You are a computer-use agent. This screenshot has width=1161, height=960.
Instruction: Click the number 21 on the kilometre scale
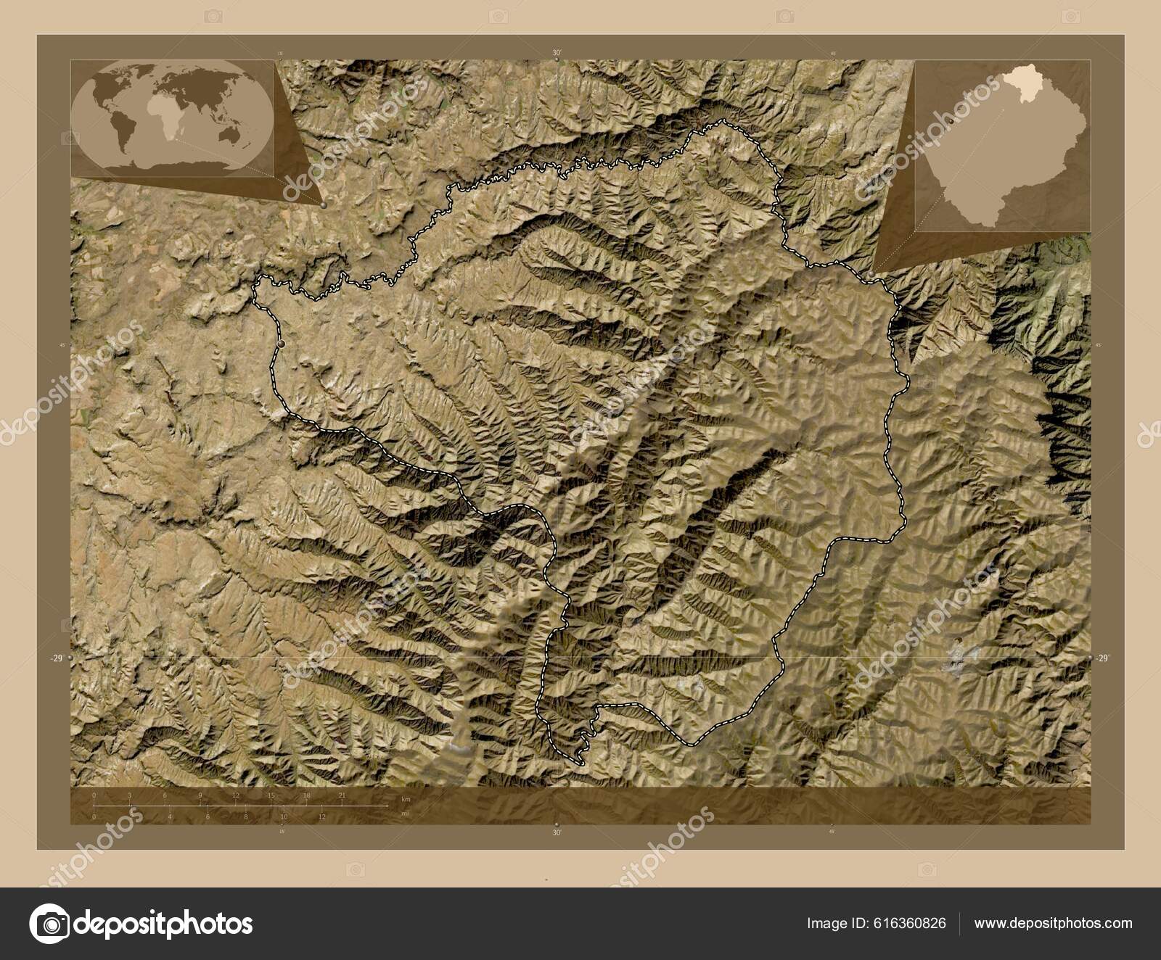[341, 795]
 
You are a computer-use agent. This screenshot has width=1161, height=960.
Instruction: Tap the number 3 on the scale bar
[129, 795]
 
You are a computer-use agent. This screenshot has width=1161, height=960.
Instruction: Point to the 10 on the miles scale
[284, 816]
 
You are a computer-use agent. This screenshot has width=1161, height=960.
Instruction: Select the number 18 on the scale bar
[306, 795]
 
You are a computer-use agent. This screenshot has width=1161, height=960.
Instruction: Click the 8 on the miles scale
[246, 816]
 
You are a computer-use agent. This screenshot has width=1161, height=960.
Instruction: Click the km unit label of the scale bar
[406, 798]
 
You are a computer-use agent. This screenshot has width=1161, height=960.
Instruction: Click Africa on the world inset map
[163, 120]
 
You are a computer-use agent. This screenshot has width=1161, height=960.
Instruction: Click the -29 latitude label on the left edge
[54, 658]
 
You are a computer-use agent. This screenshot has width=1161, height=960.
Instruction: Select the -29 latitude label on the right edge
[1102, 658]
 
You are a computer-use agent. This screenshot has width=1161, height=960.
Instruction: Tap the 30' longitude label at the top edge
[557, 52]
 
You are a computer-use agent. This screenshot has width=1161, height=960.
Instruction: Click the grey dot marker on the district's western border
[281, 343]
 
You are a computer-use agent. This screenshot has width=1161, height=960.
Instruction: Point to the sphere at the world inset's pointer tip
[322, 205]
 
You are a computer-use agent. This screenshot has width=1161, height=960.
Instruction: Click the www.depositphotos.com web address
[1053, 924]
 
